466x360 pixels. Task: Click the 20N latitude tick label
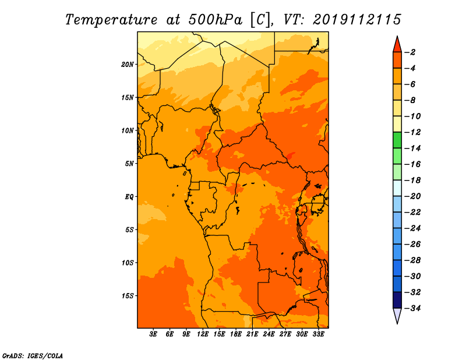[x=128, y=65]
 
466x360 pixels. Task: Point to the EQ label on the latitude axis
[x=129, y=197]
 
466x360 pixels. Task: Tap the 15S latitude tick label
[x=128, y=296]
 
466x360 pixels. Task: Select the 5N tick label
[x=129, y=164]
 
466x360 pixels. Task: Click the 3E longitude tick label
[x=153, y=334]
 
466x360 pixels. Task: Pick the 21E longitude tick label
[x=252, y=334]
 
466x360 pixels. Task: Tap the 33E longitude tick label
[x=318, y=334]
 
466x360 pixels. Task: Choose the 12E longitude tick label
[x=203, y=334]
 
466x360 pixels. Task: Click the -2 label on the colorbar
[x=411, y=52]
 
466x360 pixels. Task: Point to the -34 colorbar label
[x=412, y=308]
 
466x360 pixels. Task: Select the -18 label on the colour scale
[x=412, y=180]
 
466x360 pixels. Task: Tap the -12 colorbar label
[x=412, y=132]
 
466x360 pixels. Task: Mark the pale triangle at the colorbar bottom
[x=397, y=315]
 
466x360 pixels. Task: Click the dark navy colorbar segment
[x=397, y=300]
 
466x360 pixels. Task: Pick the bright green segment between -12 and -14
[x=397, y=140]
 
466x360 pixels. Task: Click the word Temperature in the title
[x=111, y=20]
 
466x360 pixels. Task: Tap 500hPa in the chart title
[x=215, y=20]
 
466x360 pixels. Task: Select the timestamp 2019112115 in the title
[x=357, y=20]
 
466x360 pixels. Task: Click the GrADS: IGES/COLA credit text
[x=33, y=356]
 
